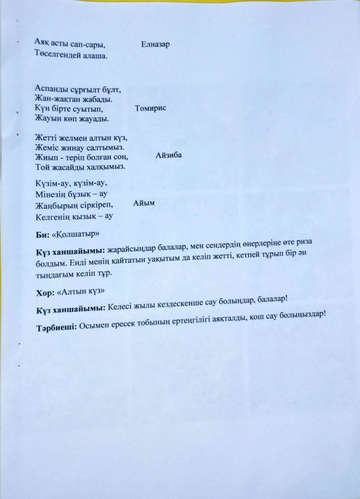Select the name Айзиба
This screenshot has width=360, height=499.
169,155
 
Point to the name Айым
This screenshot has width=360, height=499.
144,203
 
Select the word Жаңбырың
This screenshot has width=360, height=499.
55,205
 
